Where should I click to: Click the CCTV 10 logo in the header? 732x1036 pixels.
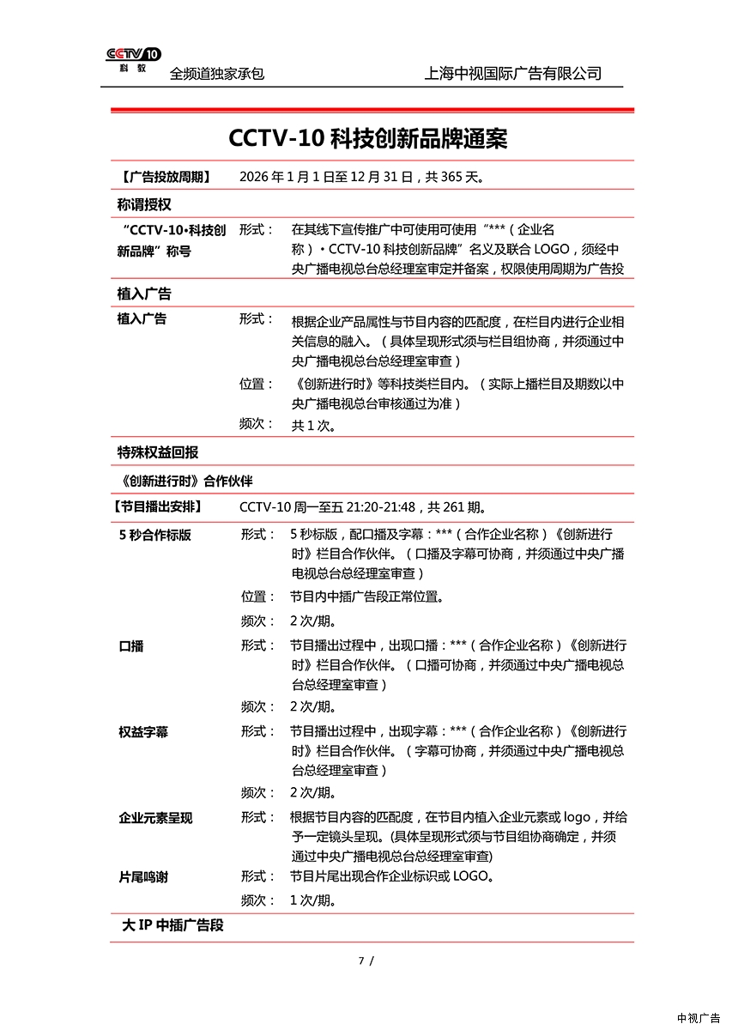point(133,59)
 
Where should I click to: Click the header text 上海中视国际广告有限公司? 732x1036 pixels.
point(512,74)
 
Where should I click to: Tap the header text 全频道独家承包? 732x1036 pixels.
point(217,74)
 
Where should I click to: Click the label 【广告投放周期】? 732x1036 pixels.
point(163,178)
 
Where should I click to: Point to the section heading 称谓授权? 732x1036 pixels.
point(144,204)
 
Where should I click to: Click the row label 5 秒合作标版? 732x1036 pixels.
point(155,535)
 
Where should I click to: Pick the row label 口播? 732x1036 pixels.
point(131,646)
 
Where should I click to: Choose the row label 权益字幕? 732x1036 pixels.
point(143,732)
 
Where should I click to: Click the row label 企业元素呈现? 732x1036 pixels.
point(155,818)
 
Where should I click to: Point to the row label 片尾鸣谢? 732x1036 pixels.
point(143,877)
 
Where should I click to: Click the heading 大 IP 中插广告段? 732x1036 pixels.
point(172,926)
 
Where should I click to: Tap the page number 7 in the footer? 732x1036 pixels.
point(361,960)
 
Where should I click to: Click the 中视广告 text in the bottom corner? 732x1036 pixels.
point(698,1018)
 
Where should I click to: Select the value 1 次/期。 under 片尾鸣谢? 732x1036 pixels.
point(312,900)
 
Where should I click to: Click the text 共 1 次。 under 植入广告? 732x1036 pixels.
point(313,425)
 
